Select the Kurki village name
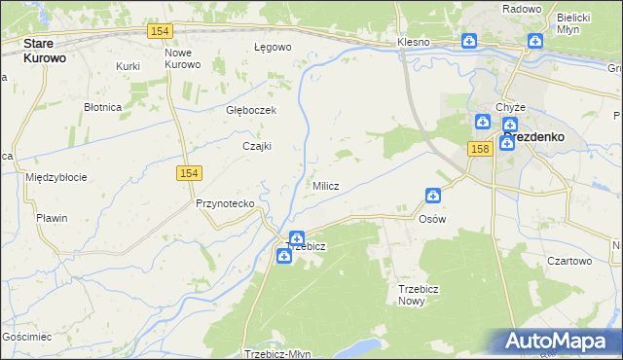[x=128, y=66]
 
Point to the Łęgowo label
[x=273, y=47]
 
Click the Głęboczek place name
[x=251, y=110]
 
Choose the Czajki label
[x=256, y=146]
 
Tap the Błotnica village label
[x=102, y=106]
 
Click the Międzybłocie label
[x=56, y=177]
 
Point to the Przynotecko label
[x=225, y=203]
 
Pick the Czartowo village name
[x=569, y=261]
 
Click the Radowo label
[x=521, y=8]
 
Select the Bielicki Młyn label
[x=574, y=23]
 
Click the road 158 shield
[x=478, y=148]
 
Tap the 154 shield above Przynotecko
[x=189, y=172]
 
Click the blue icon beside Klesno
[x=468, y=41]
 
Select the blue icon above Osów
[x=432, y=197]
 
